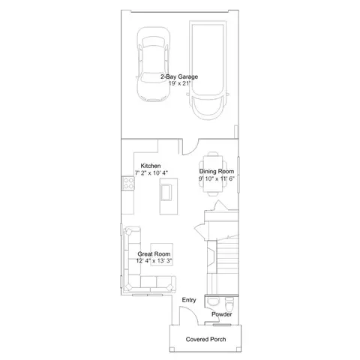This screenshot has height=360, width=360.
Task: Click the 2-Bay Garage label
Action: pos(179,76)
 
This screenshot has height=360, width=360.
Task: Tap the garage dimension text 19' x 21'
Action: pos(179,83)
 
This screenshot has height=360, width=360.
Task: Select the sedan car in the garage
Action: pos(153,64)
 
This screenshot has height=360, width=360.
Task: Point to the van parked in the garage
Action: pos(208,70)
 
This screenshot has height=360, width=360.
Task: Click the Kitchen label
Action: pos(151,166)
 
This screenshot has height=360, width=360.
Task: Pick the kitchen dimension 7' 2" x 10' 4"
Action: pos(151,172)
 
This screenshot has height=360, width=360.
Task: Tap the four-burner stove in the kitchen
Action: pos(128,183)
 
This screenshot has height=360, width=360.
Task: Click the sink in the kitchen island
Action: pos(166,192)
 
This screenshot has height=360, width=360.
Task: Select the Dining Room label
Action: pos(217,172)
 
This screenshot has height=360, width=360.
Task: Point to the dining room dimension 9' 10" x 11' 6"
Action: pos(217,178)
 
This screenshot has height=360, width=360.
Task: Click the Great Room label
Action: pos(154,254)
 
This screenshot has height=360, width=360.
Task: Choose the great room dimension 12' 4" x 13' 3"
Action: pos(154,261)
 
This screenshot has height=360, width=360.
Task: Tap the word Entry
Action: pos(189,300)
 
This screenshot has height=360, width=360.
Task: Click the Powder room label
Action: pos(222,314)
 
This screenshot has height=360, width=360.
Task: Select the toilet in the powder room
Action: pos(229,303)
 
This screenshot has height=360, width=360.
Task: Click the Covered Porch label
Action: pos(205,339)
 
